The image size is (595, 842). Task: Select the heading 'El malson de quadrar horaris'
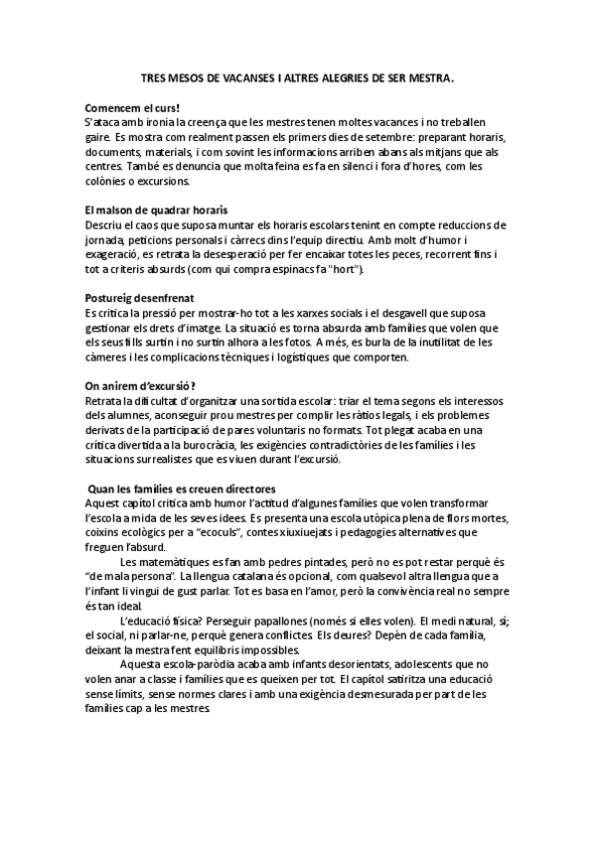click(x=156, y=211)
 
